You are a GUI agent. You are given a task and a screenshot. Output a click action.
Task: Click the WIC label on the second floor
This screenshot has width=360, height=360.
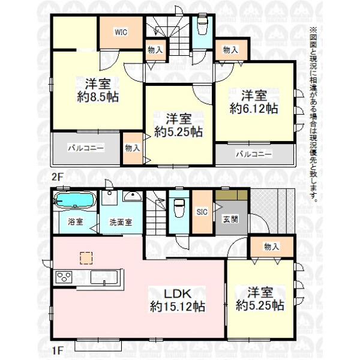point(121,32)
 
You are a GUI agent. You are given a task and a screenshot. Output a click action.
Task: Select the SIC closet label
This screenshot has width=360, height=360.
point(202,212)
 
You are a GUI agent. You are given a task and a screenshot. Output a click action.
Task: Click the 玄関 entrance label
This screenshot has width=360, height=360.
point(230,220)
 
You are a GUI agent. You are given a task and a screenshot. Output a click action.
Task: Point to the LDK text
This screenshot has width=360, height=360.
point(177,293)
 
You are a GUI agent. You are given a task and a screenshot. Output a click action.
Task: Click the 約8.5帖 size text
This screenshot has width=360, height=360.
point(98,97)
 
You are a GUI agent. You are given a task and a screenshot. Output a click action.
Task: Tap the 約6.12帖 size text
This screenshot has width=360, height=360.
point(254,109)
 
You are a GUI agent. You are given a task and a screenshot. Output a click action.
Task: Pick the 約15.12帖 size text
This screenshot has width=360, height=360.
point(178,307)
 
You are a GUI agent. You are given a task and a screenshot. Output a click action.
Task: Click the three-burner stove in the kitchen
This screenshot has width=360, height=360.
point(64,277)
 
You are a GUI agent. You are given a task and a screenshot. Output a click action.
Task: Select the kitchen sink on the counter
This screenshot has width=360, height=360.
point(104,277)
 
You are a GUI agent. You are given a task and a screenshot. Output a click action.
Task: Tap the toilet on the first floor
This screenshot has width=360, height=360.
point(179,208)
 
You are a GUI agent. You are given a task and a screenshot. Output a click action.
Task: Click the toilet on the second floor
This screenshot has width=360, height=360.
point(202,25)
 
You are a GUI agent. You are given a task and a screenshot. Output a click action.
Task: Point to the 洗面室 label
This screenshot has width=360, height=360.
point(121,222)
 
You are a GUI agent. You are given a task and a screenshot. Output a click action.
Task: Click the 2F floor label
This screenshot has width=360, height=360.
point(57,177)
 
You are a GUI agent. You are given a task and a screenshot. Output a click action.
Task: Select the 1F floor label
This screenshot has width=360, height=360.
point(57,350)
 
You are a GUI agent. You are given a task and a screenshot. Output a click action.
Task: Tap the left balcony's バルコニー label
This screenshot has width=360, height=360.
point(86,148)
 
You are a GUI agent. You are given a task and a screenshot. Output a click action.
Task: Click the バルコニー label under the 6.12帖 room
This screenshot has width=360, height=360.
point(254,154)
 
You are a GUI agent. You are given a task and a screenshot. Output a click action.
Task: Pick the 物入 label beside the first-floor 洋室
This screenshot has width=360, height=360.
point(272,247)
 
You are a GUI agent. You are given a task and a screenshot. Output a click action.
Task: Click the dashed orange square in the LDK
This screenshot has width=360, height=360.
point(86,258)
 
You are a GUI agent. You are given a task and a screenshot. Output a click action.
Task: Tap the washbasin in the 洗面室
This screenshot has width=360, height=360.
point(133,196)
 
